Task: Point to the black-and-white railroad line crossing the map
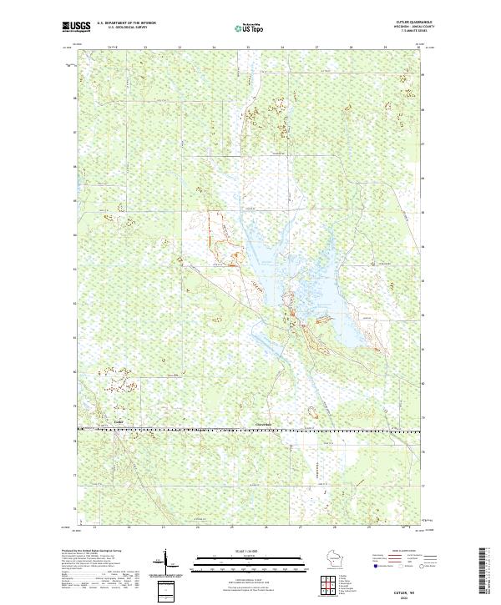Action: [x=250, y=431]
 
